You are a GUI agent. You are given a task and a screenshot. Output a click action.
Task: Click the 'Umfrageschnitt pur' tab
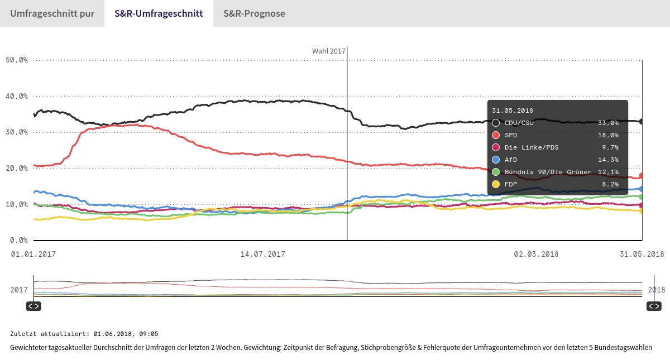(51, 13)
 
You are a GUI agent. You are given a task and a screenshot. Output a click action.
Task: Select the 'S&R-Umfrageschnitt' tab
(159, 13)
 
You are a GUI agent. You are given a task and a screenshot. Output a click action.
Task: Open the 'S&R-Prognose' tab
(254, 13)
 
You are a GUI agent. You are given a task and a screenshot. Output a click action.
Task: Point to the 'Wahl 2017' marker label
(329, 51)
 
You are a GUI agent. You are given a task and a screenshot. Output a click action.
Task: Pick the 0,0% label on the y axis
(18, 241)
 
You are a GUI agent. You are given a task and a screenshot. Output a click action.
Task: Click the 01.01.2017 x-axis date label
(33, 254)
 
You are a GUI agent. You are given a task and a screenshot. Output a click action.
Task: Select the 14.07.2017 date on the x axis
(262, 254)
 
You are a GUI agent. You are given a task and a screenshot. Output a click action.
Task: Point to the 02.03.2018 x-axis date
(536, 254)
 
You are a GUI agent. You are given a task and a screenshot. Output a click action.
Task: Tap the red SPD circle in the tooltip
(496, 135)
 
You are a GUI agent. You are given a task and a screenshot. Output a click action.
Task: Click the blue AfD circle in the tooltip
(496, 160)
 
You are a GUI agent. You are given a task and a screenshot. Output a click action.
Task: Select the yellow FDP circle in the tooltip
(496, 184)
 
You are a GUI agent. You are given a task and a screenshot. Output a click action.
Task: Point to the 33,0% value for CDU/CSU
(608, 123)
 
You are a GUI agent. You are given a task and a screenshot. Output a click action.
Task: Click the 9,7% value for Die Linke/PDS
(610, 147)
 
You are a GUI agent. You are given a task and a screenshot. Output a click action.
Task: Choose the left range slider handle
(33, 306)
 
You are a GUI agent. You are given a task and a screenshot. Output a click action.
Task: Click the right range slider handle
(654, 306)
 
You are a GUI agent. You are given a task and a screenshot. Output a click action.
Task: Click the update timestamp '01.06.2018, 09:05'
(126, 334)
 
